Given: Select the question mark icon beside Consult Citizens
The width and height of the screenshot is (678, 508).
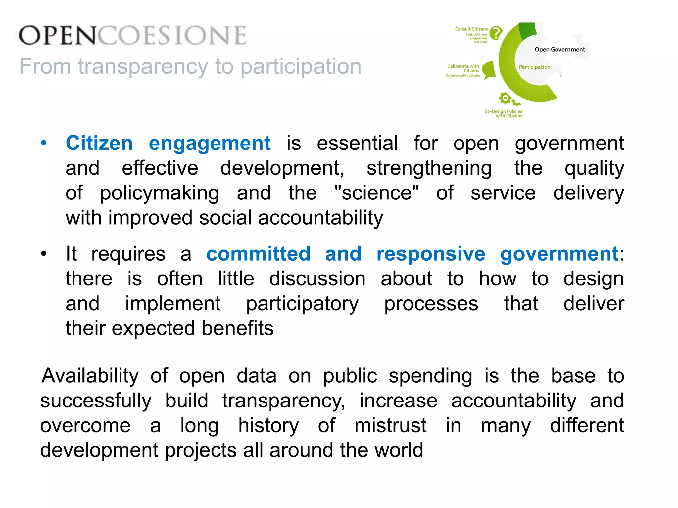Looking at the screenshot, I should pyautogui.click(x=496, y=33).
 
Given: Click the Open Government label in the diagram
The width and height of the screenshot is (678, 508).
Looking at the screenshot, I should pyautogui.click(x=559, y=50).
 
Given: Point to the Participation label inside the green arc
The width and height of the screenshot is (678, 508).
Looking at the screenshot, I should pyautogui.click(x=534, y=67).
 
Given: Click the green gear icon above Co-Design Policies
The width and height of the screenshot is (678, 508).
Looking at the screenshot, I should pyautogui.click(x=505, y=98).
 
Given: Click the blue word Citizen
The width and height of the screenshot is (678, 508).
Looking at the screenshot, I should pyautogui.click(x=99, y=143).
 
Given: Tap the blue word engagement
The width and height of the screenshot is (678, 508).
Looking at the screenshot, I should pyautogui.click(x=210, y=144).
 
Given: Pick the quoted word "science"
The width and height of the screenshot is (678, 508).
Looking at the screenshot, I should pyautogui.click(x=376, y=193).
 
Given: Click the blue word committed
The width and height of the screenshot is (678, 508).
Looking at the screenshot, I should pyautogui.click(x=258, y=254).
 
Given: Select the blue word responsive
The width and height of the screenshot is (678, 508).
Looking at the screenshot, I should pyautogui.click(x=431, y=254).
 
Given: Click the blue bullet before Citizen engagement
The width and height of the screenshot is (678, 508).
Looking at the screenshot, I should pyautogui.click(x=44, y=144).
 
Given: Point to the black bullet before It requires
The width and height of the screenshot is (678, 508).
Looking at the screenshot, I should pyautogui.click(x=44, y=254).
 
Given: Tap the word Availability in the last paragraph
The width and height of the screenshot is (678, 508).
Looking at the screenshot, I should pyautogui.click(x=90, y=376).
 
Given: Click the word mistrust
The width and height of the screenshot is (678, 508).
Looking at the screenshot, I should pyautogui.click(x=390, y=425).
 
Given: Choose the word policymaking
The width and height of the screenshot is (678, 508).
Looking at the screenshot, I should pyautogui.click(x=159, y=193).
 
